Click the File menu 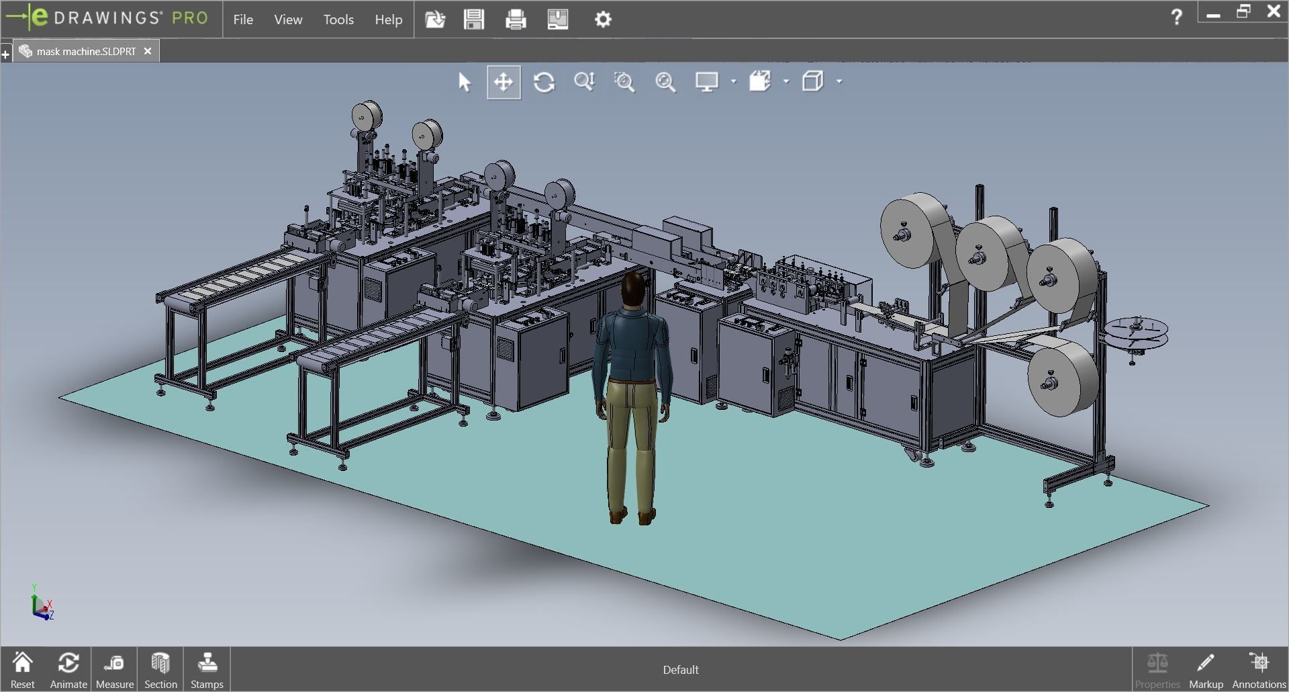point(243,19)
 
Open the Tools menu point(338,19)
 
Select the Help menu point(388,19)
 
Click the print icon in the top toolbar point(516,19)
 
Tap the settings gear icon point(603,19)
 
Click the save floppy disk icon point(474,19)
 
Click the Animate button point(68,670)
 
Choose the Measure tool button point(114,670)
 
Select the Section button point(160,670)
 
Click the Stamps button point(207,670)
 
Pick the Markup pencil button point(1206,670)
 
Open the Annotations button point(1259,670)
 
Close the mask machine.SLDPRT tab point(148,51)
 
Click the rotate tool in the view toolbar point(544,82)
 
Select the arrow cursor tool point(465,82)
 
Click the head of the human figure point(633,289)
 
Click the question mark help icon point(1176,17)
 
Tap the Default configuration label point(681,670)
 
